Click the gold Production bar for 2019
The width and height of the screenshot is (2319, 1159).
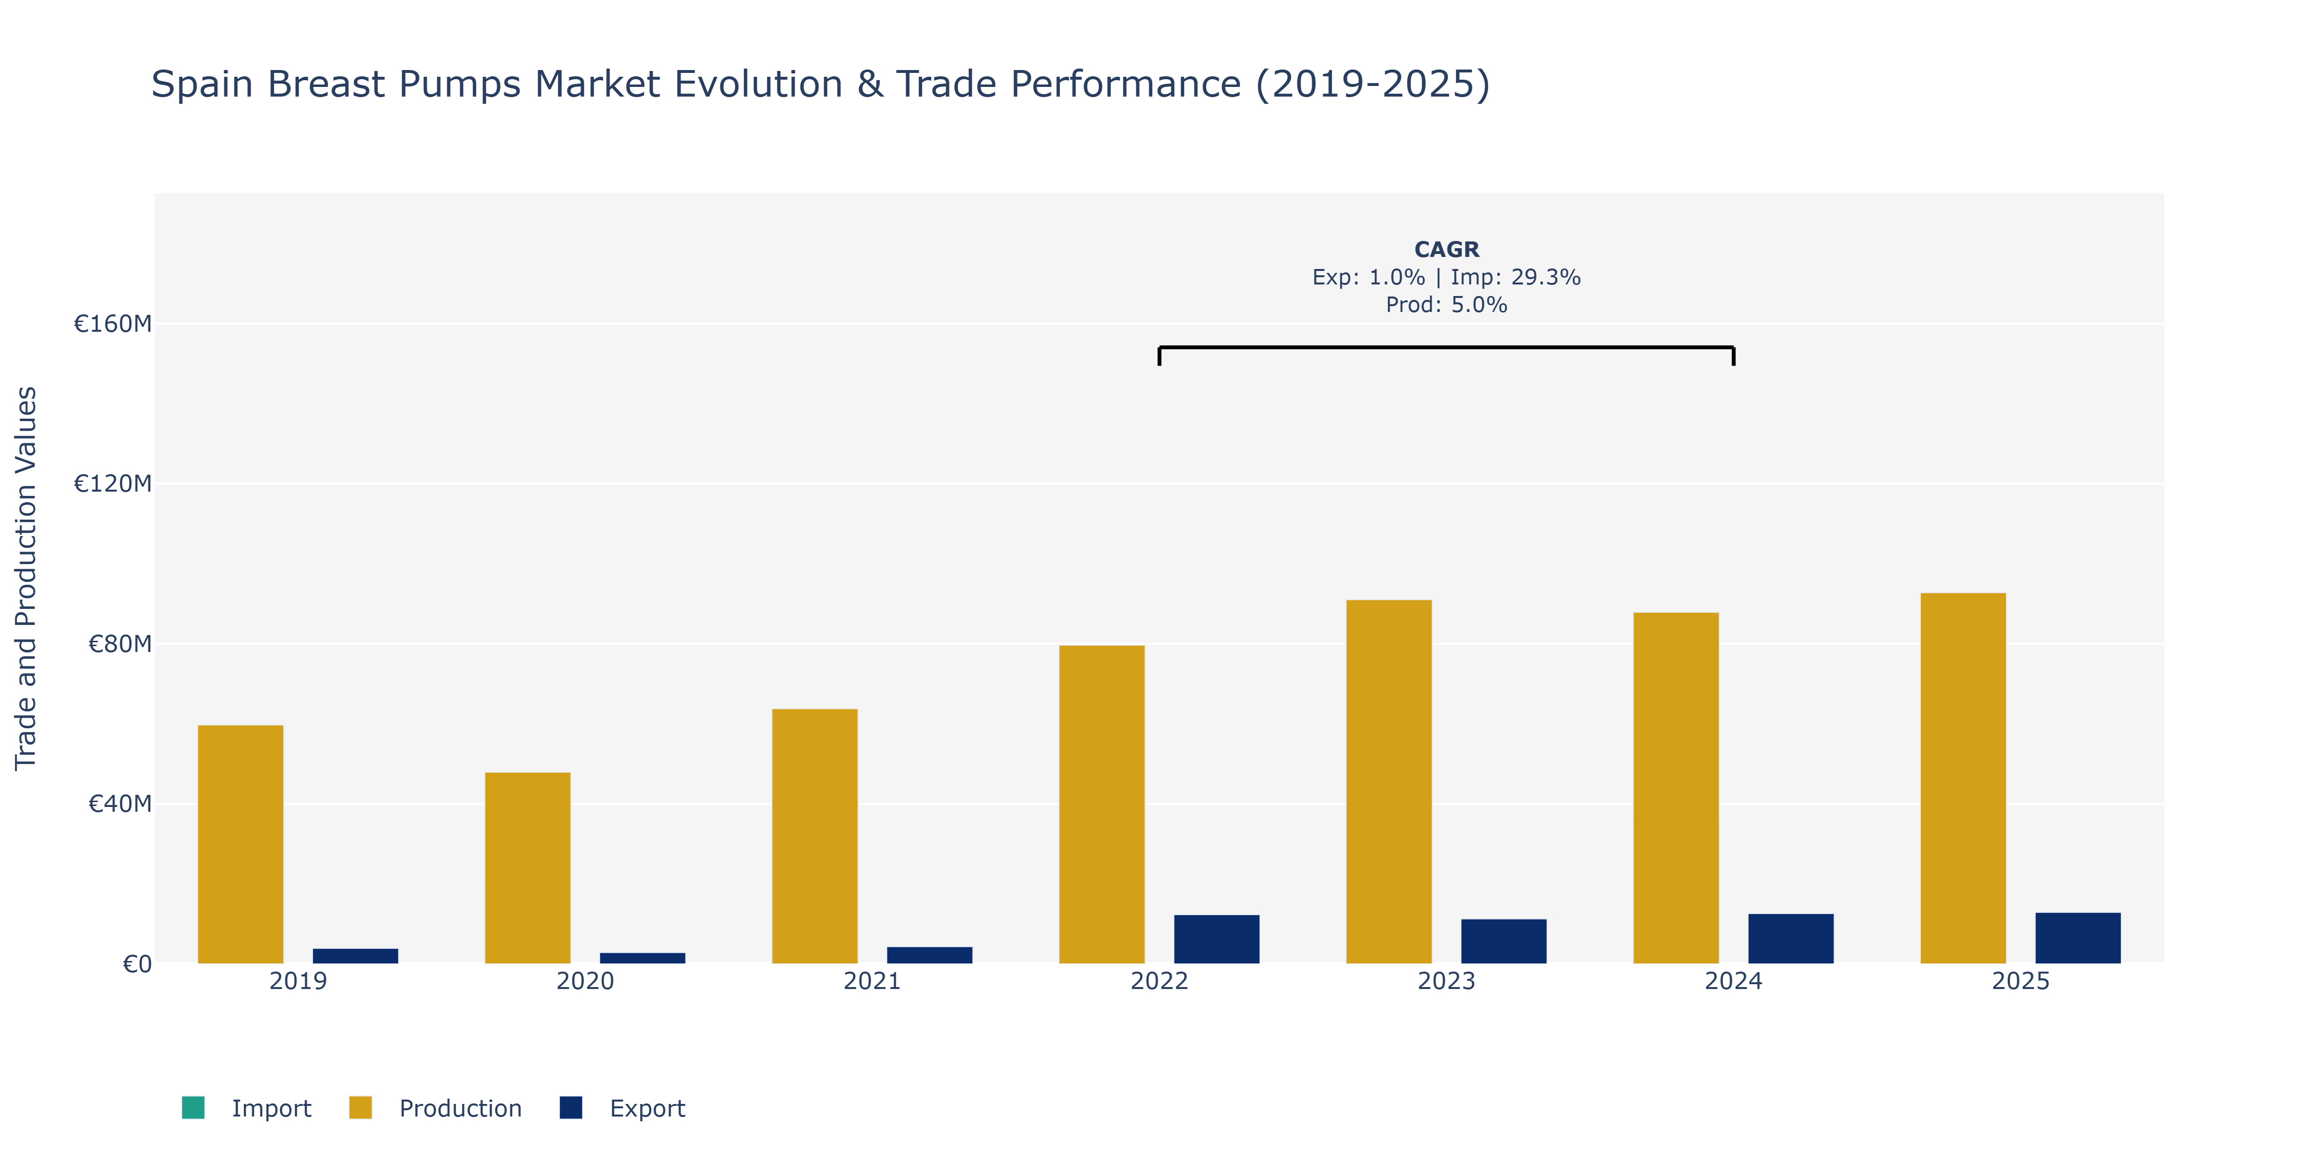(x=241, y=844)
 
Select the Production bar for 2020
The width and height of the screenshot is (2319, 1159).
(x=528, y=867)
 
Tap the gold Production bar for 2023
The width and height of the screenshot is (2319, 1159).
(x=1389, y=781)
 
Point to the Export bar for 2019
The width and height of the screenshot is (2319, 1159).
(x=356, y=956)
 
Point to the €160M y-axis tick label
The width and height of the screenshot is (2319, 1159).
(x=113, y=324)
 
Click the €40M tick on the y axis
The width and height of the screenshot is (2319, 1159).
(x=120, y=804)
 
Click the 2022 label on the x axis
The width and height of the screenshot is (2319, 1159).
(x=1159, y=981)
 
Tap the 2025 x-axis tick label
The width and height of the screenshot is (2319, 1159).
(x=2021, y=981)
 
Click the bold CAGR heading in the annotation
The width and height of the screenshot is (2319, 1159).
(x=1446, y=249)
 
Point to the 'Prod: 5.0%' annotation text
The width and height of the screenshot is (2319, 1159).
(x=1446, y=305)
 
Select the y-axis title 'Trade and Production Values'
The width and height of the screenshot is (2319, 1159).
(x=26, y=579)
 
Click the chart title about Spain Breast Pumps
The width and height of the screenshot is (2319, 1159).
(x=820, y=85)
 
